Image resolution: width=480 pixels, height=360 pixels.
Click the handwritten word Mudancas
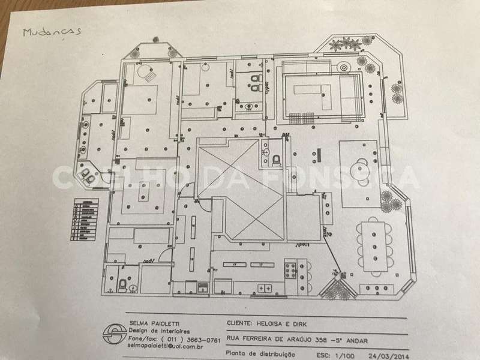coord(51,31)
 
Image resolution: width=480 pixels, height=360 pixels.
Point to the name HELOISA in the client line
coord(284,322)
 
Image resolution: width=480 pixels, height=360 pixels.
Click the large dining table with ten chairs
coord(373,246)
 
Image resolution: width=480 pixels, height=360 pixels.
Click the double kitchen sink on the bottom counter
coord(264,288)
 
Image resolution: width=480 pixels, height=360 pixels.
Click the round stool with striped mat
coord(148,75)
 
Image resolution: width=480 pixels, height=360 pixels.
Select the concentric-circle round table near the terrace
coord(344,67)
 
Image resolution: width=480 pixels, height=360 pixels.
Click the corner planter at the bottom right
coord(338,289)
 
